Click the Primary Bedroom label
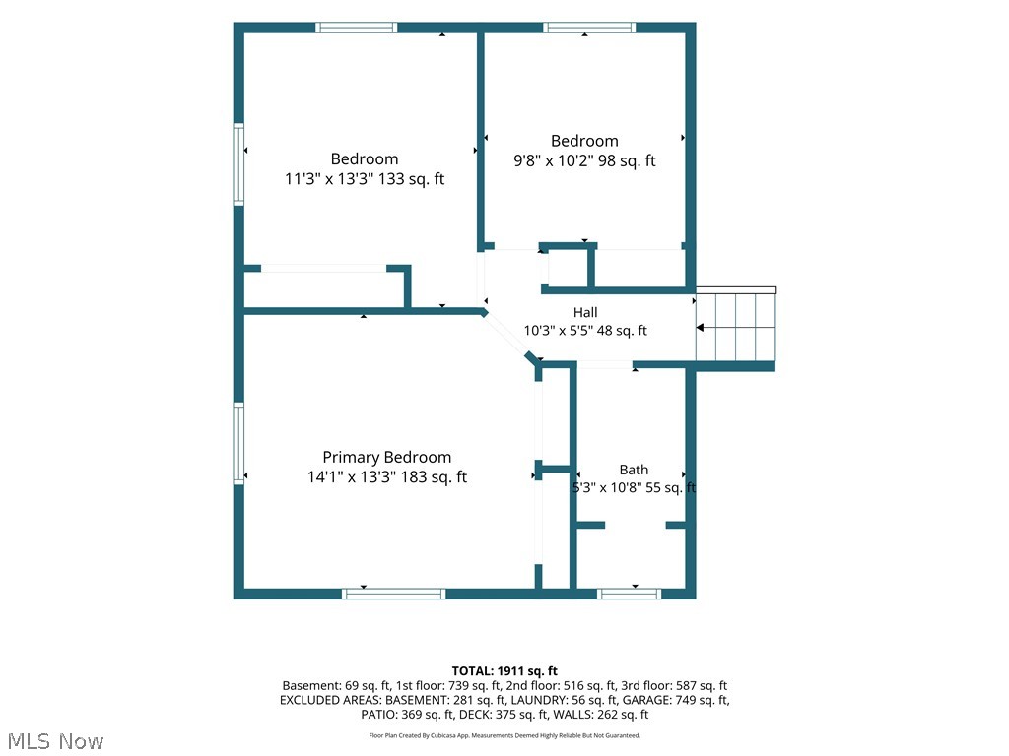pyautogui.click(x=386, y=457)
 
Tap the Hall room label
pyautogui.click(x=585, y=312)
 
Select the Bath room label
pyautogui.click(x=634, y=470)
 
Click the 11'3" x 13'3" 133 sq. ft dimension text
pyautogui.click(x=365, y=179)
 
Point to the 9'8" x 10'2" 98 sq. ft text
pyautogui.click(x=584, y=160)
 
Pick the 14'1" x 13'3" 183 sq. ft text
pyautogui.click(x=386, y=477)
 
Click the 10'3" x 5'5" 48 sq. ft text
pyautogui.click(x=585, y=331)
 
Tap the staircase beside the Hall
pyautogui.click(x=735, y=327)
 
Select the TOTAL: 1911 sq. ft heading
pyautogui.click(x=504, y=671)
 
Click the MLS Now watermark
pyautogui.click(x=55, y=741)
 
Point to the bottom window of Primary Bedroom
pyautogui.click(x=393, y=594)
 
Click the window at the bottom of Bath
pyautogui.click(x=629, y=594)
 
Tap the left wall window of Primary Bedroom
pyautogui.click(x=238, y=443)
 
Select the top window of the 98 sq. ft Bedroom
pyautogui.click(x=589, y=28)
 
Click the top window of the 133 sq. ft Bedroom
pyautogui.click(x=356, y=28)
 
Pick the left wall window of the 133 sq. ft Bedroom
pyautogui.click(x=238, y=164)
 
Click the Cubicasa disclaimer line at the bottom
pyautogui.click(x=504, y=735)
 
